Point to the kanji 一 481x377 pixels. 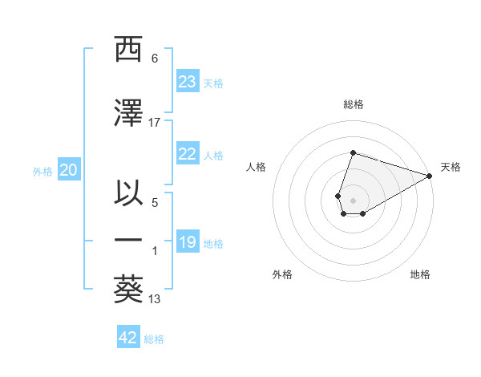click(128, 241)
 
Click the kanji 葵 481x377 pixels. click(128, 291)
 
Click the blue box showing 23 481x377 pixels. click(187, 82)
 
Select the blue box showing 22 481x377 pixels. click(187, 154)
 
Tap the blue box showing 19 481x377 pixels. click(187, 242)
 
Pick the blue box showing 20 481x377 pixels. click(68, 170)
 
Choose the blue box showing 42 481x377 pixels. click(128, 338)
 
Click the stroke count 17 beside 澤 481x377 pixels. click(155, 122)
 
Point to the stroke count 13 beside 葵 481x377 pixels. click(155, 299)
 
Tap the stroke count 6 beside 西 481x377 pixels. click(155, 58)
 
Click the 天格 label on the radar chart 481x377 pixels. click(451, 167)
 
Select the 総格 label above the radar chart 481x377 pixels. click(354, 104)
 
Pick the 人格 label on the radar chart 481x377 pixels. click(257, 167)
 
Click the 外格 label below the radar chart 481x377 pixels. click(282, 274)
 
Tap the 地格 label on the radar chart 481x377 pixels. click(420, 274)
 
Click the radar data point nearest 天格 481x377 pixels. click(430, 176)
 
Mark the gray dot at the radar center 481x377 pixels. click(353, 199)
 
